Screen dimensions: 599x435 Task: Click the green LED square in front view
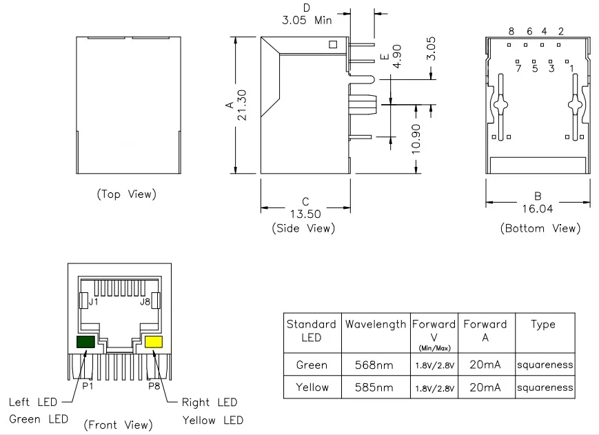pyautogui.click(x=85, y=342)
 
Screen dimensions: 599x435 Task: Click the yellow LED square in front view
pyautogui.click(x=154, y=342)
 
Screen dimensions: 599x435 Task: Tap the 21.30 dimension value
pyautogui.click(x=242, y=105)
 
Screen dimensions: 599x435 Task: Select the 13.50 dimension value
pyautogui.click(x=305, y=214)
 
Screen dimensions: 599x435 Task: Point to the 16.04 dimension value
pyautogui.click(x=538, y=208)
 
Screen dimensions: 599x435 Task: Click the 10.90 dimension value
pyautogui.click(x=416, y=139)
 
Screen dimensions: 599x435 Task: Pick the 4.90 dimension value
pyautogui.click(x=397, y=57)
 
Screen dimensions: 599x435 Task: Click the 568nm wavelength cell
pyautogui.click(x=374, y=365)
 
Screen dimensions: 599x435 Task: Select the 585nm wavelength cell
pyautogui.click(x=374, y=387)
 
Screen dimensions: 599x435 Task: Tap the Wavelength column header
pyautogui.click(x=376, y=324)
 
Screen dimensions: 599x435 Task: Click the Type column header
pyautogui.click(x=543, y=325)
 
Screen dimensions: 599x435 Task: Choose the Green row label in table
pyautogui.click(x=312, y=365)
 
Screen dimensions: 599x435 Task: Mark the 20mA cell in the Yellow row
pyautogui.click(x=485, y=387)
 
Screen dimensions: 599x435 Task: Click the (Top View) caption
pyautogui.click(x=126, y=194)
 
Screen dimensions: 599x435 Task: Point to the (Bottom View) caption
pyautogui.click(x=540, y=228)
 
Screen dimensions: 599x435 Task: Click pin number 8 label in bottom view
pyautogui.click(x=511, y=31)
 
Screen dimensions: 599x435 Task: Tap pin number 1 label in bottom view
pyautogui.click(x=572, y=69)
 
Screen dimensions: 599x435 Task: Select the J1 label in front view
pyautogui.click(x=94, y=302)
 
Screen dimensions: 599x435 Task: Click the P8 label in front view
pyautogui.click(x=154, y=386)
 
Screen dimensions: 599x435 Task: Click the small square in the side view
pyautogui.click(x=333, y=45)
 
